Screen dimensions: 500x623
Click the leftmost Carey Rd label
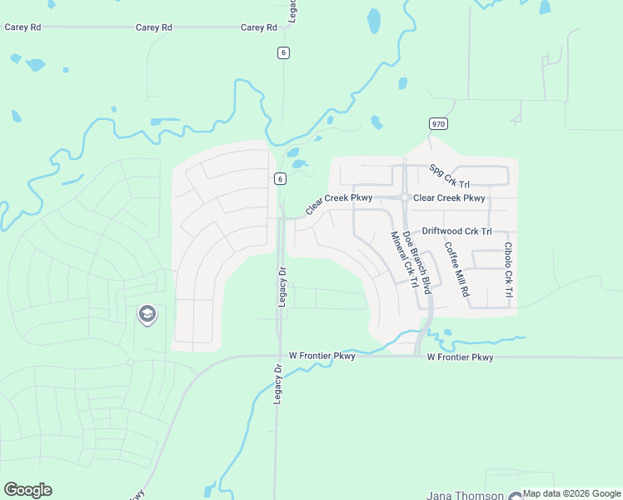coord(22,27)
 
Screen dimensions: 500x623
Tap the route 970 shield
coord(438,123)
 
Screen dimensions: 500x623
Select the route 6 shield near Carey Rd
coord(284,52)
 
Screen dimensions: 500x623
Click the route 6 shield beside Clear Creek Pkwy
coord(281,178)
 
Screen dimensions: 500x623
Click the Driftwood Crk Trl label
coord(457,231)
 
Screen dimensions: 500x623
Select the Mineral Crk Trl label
coord(402,259)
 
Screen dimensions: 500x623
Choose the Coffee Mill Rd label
coord(457,271)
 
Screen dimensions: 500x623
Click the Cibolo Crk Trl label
coord(507,271)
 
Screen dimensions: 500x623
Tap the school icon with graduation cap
coord(147,314)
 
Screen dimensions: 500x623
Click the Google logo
coord(27,490)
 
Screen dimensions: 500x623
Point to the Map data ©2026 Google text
coord(572,494)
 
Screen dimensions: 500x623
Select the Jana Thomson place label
coord(466,496)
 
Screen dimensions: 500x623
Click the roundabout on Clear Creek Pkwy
coord(404,197)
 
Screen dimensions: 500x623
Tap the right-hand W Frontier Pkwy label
coord(460,357)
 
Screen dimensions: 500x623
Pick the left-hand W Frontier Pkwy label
coord(322,356)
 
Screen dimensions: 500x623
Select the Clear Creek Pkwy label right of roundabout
coord(449,198)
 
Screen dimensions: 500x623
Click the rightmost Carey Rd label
coord(258,27)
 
